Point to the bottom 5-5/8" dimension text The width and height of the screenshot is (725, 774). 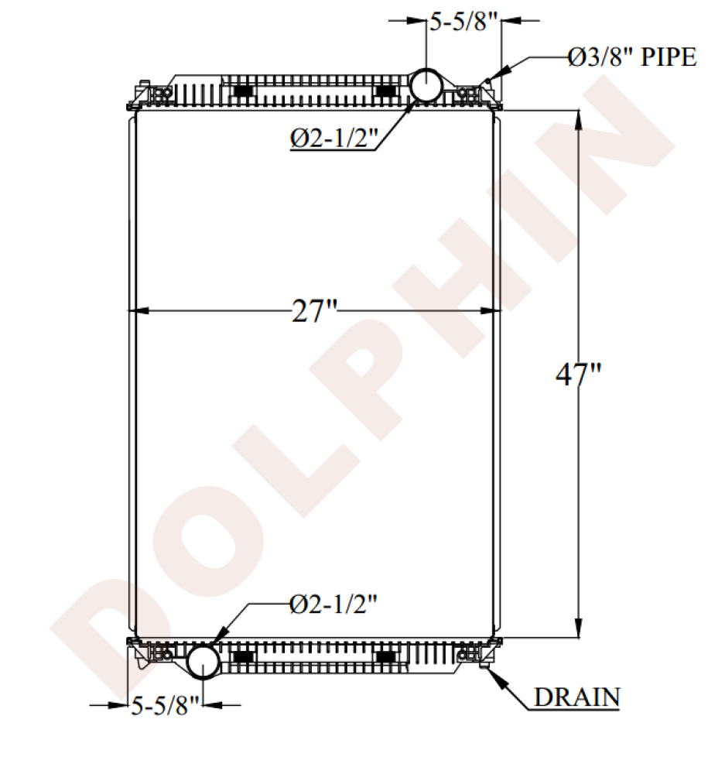coord(166,704)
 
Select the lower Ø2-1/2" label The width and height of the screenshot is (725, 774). coord(333,603)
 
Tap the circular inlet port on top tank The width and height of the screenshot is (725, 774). coord(426,84)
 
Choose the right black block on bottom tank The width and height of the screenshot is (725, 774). coord(385,656)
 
